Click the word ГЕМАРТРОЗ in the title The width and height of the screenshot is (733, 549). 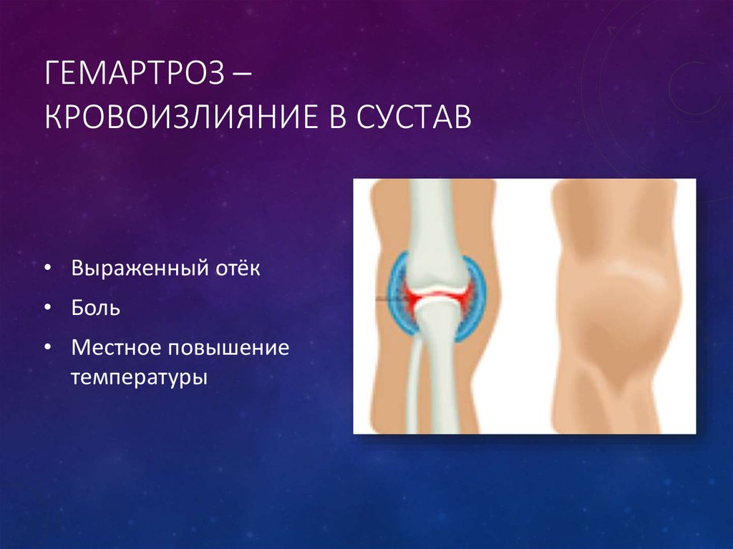point(135,74)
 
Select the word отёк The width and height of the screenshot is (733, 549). point(238,268)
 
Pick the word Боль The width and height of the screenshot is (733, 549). point(96,308)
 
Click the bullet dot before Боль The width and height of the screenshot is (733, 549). point(47,308)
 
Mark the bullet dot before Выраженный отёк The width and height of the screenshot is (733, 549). point(47,268)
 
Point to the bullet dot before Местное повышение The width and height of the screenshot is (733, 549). point(47,348)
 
